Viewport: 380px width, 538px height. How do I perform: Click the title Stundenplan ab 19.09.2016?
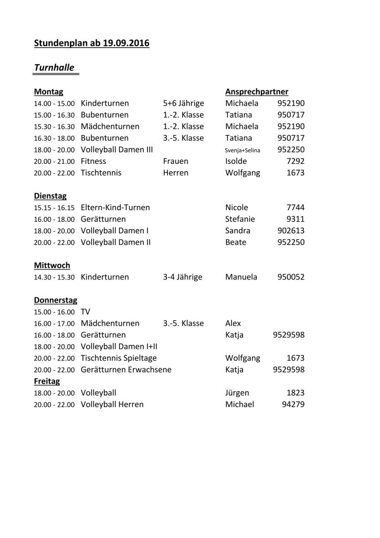[x=91, y=43]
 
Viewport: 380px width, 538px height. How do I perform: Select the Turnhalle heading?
[x=54, y=67]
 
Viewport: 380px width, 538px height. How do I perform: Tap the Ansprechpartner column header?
[x=257, y=91]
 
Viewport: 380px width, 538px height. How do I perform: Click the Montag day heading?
[x=48, y=91]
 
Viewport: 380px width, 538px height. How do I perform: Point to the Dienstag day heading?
[x=50, y=196]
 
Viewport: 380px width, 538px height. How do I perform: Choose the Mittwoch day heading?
[x=52, y=265]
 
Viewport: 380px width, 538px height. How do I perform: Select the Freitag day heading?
[x=47, y=381]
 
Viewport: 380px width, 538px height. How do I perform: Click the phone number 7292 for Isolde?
[x=295, y=161]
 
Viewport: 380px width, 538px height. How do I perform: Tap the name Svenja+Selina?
[x=242, y=150]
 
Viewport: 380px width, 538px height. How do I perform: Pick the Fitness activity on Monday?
[x=93, y=161]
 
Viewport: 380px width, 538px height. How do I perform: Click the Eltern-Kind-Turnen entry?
[x=115, y=208]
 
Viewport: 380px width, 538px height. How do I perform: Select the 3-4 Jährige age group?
[x=182, y=277]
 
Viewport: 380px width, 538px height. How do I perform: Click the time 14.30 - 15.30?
[x=55, y=277]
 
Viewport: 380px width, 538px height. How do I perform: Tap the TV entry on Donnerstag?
[x=86, y=312]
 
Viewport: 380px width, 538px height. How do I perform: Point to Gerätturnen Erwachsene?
[x=126, y=369]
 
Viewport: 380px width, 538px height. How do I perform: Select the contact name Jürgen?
[x=237, y=392]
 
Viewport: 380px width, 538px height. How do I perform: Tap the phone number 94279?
[x=292, y=404]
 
